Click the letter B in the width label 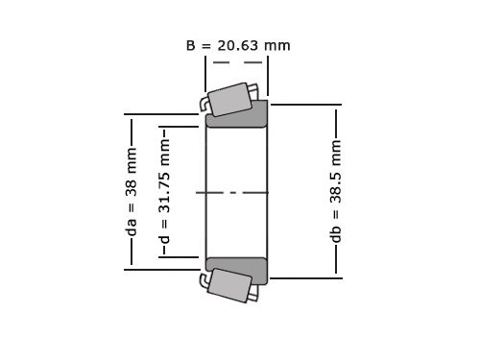click(190, 45)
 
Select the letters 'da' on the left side click(132, 227)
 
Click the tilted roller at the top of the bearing click(230, 98)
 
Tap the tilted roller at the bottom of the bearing click(228, 285)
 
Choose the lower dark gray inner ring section click(237, 270)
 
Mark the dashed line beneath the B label click(236, 63)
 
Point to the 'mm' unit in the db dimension click(336, 153)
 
